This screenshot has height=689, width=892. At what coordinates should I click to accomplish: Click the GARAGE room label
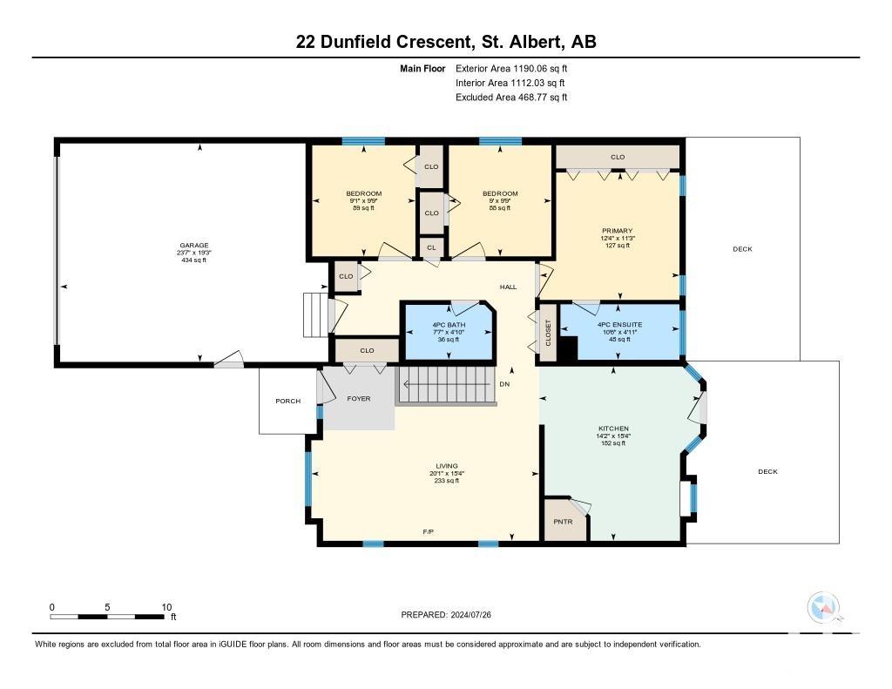tap(194, 246)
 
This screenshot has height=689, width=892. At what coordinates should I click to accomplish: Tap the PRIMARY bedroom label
tap(618, 231)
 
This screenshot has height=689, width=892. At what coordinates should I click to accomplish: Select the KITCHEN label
tap(613, 429)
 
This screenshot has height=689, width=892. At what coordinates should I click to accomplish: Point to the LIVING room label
tap(447, 466)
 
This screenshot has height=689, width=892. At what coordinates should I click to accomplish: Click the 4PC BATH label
tap(449, 325)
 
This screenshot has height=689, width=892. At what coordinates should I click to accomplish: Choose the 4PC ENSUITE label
tap(619, 325)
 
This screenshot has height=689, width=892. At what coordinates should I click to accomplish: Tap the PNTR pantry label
tap(564, 522)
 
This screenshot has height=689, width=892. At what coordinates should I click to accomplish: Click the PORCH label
tap(287, 401)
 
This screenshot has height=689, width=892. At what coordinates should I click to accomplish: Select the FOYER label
tap(358, 399)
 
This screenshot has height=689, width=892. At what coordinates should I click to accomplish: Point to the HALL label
tap(508, 287)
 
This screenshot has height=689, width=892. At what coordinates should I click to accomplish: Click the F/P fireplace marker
tap(429, 532)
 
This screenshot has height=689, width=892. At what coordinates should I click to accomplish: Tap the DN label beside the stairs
tap(504, 384)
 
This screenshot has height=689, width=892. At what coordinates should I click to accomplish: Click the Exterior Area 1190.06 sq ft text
tap(510, 69)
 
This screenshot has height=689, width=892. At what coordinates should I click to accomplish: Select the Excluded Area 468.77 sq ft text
tap(510, 98)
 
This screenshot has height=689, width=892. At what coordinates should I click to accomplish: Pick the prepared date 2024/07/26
tap(470, 614)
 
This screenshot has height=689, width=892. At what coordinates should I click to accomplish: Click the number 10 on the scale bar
tap(166, 607)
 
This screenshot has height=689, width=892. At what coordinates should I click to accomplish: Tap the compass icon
tap(824, 607)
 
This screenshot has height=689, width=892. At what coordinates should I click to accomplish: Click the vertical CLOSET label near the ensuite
tap(549, 332)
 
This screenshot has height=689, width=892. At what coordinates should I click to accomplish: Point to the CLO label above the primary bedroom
tap(618, 157)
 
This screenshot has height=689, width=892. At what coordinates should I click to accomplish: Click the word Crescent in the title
tap(434, 42)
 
